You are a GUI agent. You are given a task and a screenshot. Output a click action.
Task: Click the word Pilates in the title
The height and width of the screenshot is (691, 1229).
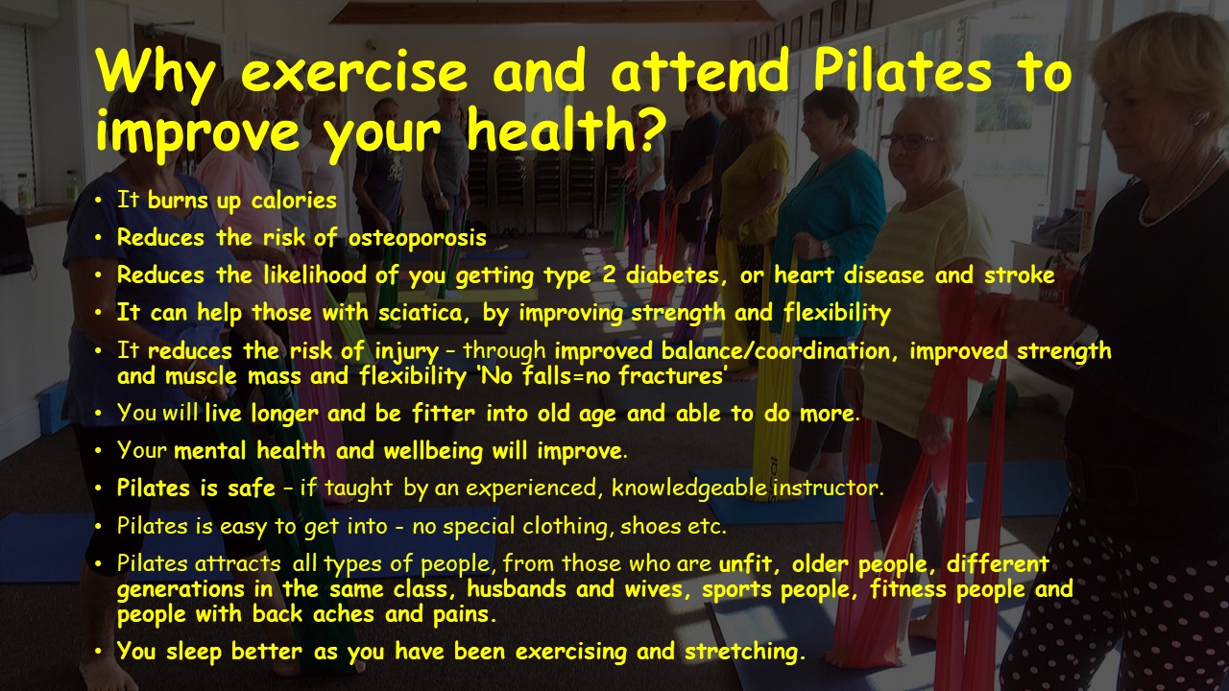pyautogui.click(x=903, y=72)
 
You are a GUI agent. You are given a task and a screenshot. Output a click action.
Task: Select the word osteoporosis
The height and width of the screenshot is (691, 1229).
pyautogui.click(x=417, y=238)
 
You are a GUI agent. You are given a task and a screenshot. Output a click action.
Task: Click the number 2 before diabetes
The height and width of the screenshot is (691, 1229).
pyautogui.click(x=609, y=274)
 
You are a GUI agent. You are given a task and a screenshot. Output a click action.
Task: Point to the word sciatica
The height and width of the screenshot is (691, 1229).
pyautogui.click(x=423, y=313)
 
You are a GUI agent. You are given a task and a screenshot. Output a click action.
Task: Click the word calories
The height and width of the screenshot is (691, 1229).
pyautogui.click(x=294, y=201)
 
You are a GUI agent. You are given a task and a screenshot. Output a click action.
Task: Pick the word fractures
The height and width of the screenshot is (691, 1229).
pyautogui.click(x=672, y=375)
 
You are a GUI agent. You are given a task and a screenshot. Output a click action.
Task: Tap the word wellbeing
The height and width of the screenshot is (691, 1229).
pyautogui.click(x=433, y=451)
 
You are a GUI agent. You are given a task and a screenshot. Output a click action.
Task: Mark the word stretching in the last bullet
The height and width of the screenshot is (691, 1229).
pyautogui.click(x=745, y=652)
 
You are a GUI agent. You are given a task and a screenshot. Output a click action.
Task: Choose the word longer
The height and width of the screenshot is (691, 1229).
pyautogui.click(x=284, y=414)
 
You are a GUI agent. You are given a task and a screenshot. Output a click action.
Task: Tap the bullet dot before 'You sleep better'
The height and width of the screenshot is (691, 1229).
pyautogui.click(x=98, y=652)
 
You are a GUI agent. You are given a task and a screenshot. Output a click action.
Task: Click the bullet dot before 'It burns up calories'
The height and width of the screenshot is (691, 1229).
pyautogui.click(x=98, y=201)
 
